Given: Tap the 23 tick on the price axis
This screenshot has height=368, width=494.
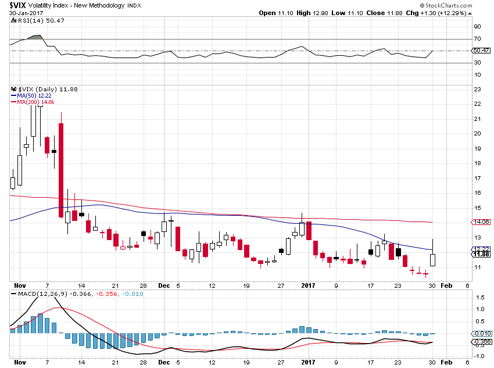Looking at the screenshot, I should tap(477, 89).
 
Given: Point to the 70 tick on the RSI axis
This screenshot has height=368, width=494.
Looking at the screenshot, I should tap(477, 39).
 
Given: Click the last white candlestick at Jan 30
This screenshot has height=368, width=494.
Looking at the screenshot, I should tap(433, 260).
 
